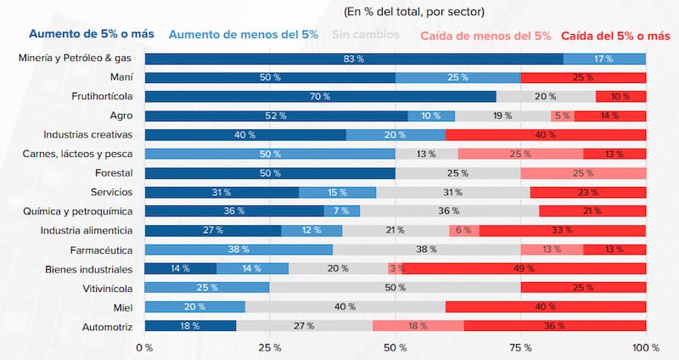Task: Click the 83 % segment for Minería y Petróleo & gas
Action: (354, 59)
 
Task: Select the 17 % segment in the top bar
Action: (604, 59)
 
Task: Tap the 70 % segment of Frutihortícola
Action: (320, 97)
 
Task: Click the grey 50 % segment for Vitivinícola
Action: (395, 288)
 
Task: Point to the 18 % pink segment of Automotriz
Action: (418, 326)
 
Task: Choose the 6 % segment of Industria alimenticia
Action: (463, 230)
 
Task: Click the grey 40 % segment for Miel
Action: (345, 307)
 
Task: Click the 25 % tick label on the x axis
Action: (270, 347)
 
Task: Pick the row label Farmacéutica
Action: (99, 250)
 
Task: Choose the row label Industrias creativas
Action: (88, 135)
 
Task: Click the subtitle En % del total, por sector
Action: (414, 12)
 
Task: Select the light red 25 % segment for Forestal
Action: (583, 173)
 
